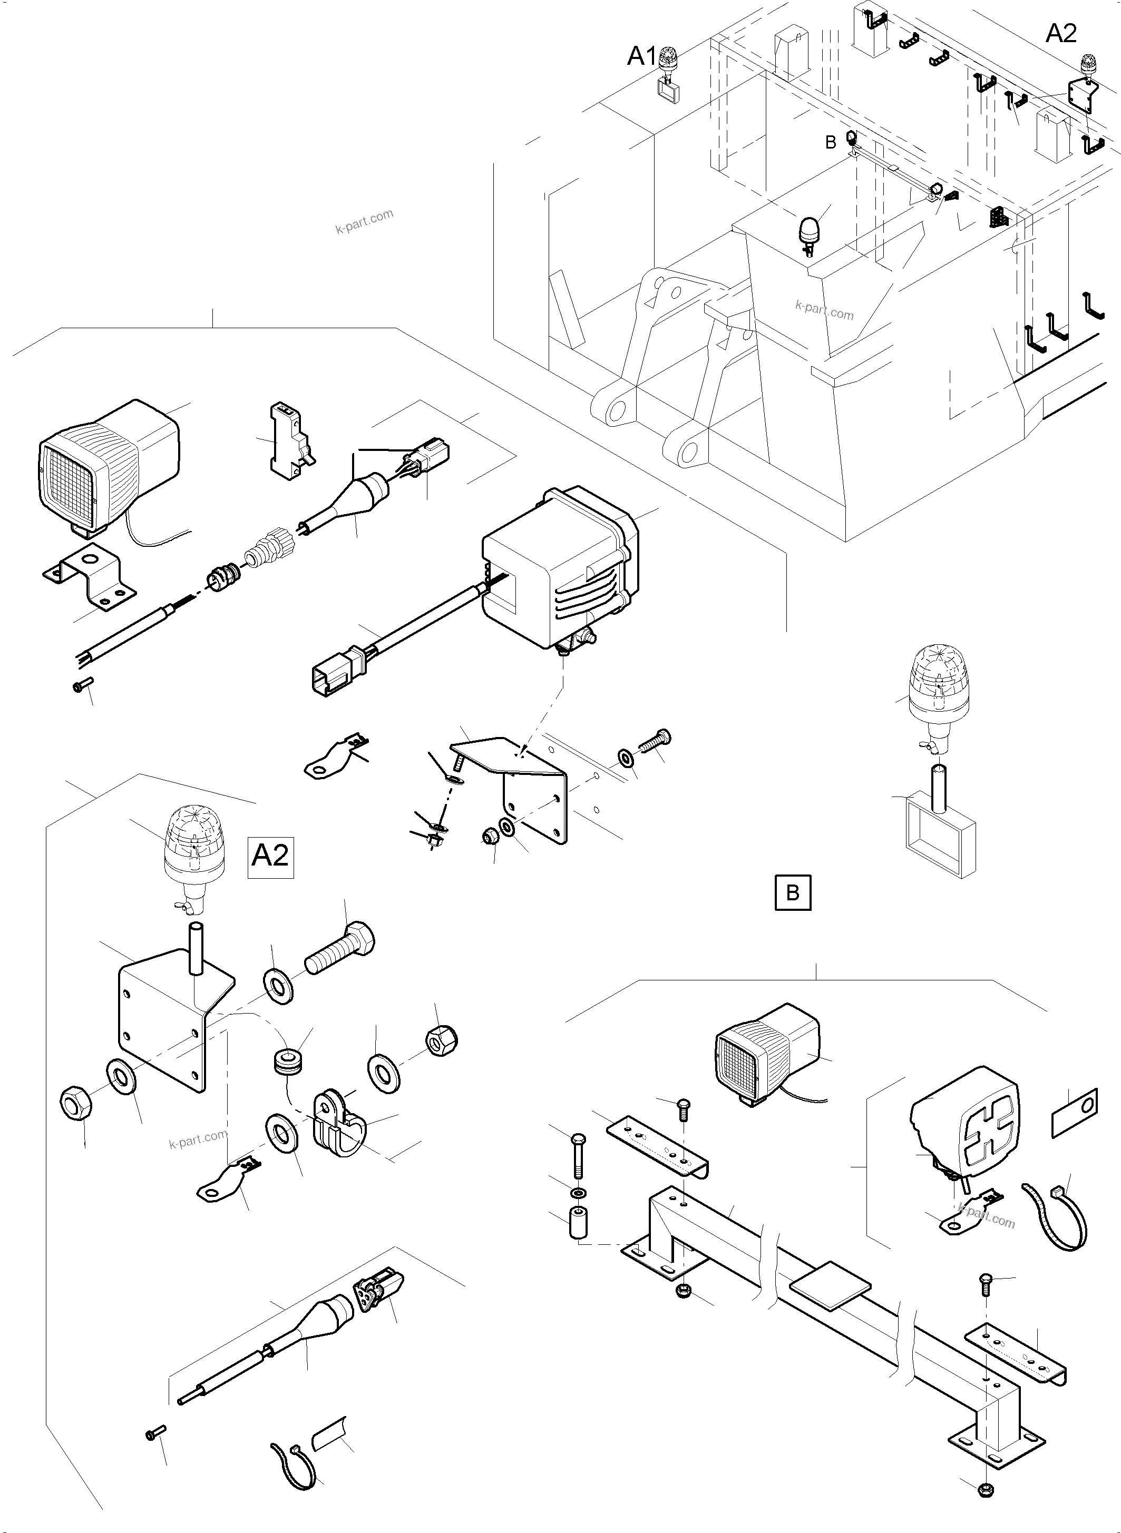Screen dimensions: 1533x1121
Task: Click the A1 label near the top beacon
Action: (642, 57)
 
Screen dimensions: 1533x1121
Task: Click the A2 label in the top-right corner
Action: (1060, 33)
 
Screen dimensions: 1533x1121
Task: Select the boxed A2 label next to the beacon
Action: (270, 856)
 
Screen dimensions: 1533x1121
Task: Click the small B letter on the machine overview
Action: (831, 143)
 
